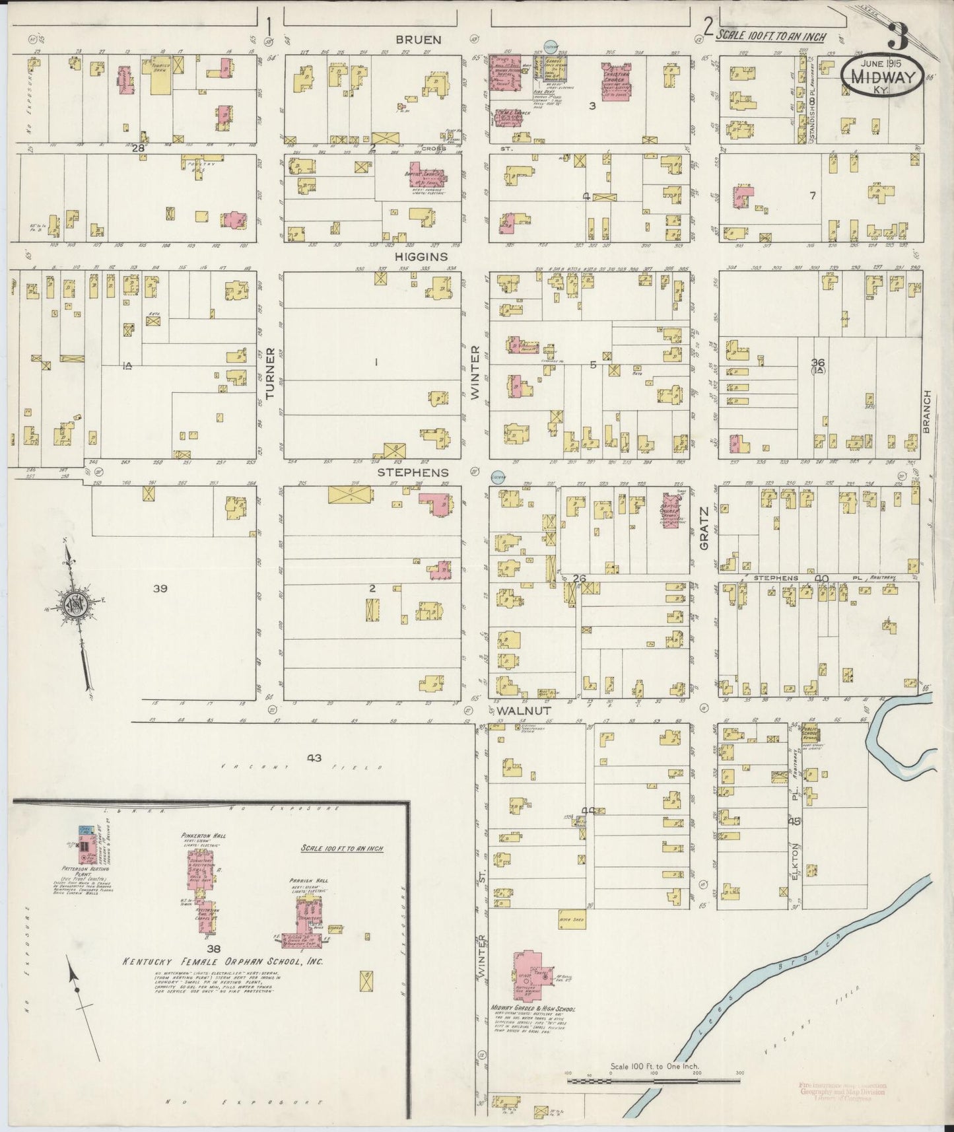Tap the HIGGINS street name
click(x=421, y=256)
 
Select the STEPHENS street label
click(x=413, y=473)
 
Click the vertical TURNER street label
click(x=269, y=374)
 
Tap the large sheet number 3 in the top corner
click(x=897, y=36)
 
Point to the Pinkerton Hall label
click(x=204, y=835)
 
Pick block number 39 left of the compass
click(x=160, y=588)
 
